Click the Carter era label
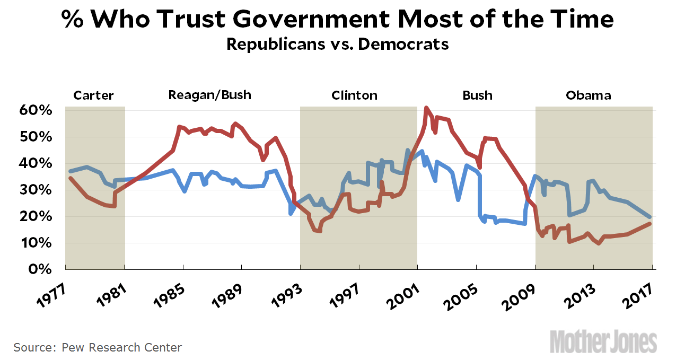93,96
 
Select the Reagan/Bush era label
209,95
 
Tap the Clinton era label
354,96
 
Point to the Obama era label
588,96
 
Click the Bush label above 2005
477,96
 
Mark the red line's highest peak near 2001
426,108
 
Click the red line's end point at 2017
650,224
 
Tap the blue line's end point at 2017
650,217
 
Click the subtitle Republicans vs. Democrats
337,44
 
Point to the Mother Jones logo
603,341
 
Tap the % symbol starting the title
72,20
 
